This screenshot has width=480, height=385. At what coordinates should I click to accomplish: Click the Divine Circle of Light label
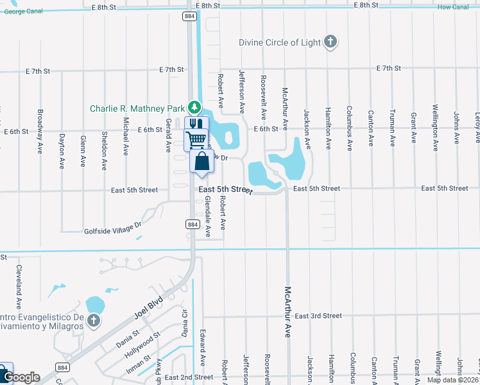click(279, 42)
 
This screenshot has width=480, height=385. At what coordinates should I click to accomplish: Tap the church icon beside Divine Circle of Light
click(330, 42)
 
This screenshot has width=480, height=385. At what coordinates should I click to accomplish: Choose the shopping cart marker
click(196, 139)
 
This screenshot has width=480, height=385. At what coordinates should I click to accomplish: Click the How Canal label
click(454, 7)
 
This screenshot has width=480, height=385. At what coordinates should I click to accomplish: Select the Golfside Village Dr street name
click(112, 228)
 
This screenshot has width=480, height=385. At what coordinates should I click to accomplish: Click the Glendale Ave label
click(207, 217)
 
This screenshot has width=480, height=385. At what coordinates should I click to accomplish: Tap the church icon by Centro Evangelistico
click(94, 320)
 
